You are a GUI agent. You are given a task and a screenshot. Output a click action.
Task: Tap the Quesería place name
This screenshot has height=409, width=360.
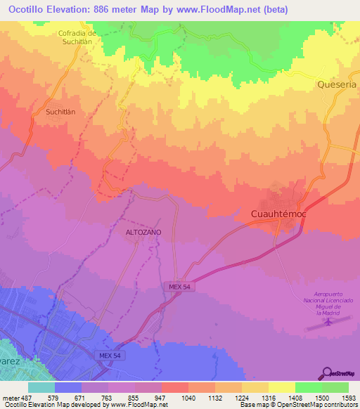(x=336, y=84)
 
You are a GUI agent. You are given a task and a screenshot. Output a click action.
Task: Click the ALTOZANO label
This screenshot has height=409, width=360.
(x=143, y=231)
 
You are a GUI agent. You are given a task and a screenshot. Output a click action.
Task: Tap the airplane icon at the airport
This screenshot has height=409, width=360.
(x=328, y=322)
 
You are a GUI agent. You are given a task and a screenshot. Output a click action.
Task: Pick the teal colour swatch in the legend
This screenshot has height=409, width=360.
(x=41, y=387)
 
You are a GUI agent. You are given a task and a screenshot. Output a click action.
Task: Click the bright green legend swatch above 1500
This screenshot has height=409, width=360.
(x=308, y=387)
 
